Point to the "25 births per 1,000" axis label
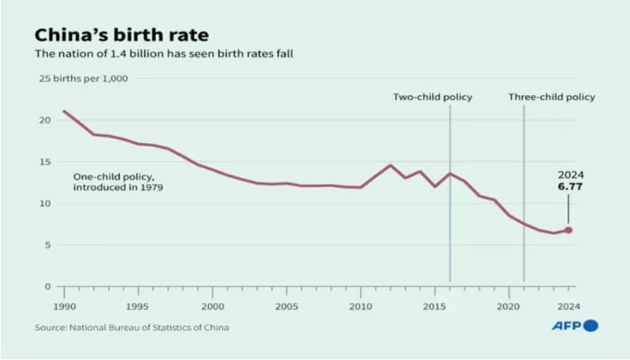point(82,78)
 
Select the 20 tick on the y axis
point(44,120)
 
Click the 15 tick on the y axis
point(44,162)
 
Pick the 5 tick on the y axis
point(47,245)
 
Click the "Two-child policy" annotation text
point(432,97)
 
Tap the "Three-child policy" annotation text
point(552,97)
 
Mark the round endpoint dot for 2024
point(568,230)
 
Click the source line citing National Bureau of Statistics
point(131,327)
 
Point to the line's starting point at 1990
point(64,111)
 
